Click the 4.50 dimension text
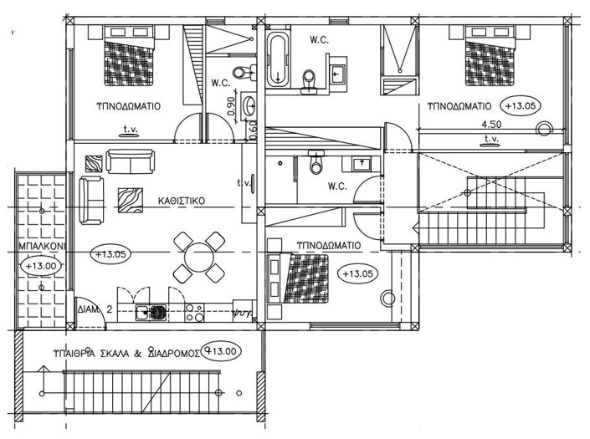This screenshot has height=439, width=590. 491,125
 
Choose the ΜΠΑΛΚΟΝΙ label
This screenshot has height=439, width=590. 36,248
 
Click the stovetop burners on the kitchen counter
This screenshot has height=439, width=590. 195,312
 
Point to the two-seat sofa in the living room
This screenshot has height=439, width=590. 130,160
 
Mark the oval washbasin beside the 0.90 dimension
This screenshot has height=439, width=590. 249,106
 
